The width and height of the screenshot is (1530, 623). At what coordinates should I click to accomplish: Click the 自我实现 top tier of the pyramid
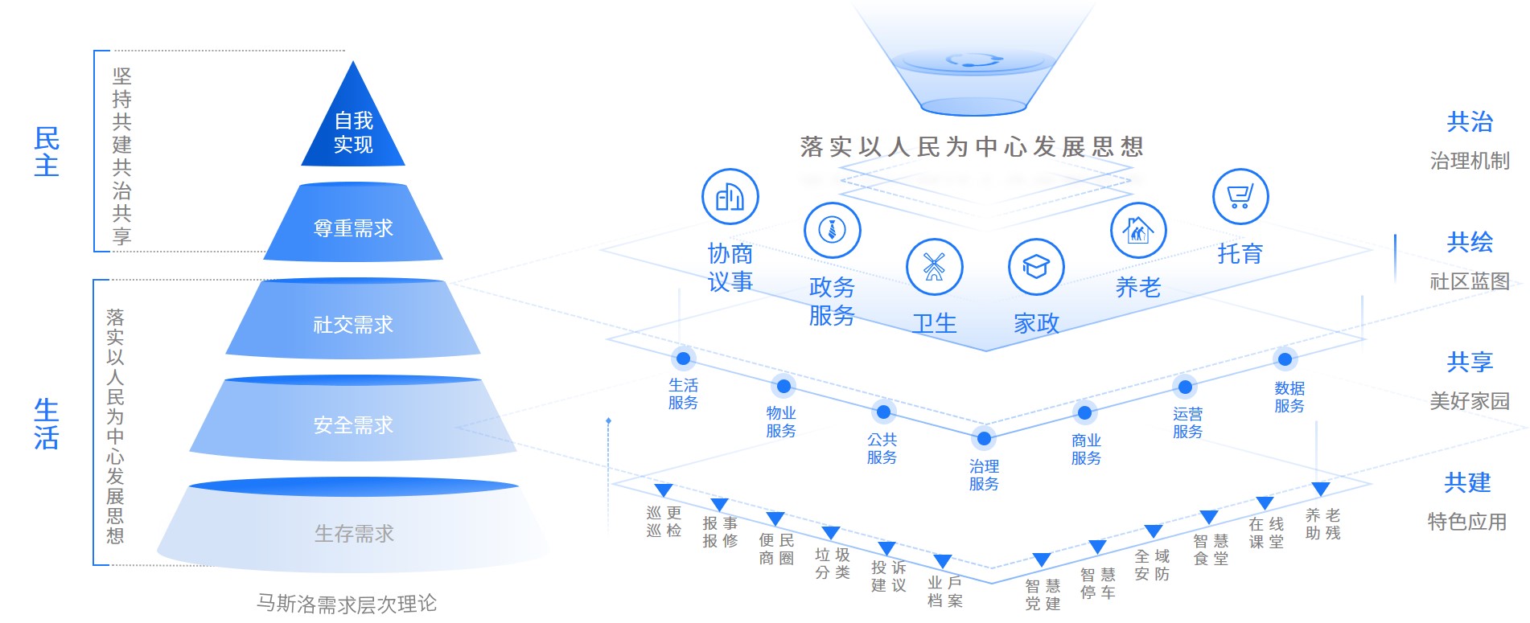pos(353,129)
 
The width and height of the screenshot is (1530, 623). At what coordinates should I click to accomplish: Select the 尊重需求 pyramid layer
pos(353,227)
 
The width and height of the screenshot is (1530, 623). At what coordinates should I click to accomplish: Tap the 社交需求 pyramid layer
pos(353,323)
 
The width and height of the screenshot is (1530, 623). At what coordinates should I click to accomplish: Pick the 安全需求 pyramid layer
pos(353,424)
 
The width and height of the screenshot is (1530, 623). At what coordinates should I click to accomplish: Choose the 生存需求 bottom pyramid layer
pos(353,531)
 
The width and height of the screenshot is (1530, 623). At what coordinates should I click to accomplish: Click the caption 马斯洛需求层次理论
pos(346,604)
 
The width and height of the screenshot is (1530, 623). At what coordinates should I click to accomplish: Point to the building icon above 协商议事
pos(730,197)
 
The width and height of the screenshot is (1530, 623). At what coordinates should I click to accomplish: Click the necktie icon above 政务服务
pos(832,230)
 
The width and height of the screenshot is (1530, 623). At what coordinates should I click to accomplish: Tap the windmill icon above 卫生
pos(934,267)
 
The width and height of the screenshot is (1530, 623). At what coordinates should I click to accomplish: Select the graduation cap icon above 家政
pos(1035,267)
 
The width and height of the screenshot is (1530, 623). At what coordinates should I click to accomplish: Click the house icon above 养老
pos(1137,231)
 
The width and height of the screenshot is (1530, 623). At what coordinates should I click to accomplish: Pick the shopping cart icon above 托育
pos(1240,197)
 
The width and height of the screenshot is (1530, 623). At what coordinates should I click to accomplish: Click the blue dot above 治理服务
pos(984,438)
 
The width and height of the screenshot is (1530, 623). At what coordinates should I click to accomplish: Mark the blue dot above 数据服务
pos(1285,359)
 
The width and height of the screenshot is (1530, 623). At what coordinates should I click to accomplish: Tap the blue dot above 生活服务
pos(683,359)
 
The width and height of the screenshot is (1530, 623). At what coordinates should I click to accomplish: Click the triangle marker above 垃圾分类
pos(831,532)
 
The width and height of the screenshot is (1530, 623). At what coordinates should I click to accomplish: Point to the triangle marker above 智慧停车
pos(1097,547)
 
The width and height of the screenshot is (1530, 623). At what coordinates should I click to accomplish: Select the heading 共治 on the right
pos(1469,122)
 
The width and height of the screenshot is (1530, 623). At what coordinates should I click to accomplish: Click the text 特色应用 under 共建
pos(1466,522)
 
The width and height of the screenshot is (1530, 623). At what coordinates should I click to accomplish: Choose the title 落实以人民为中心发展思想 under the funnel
pos(971,146)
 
